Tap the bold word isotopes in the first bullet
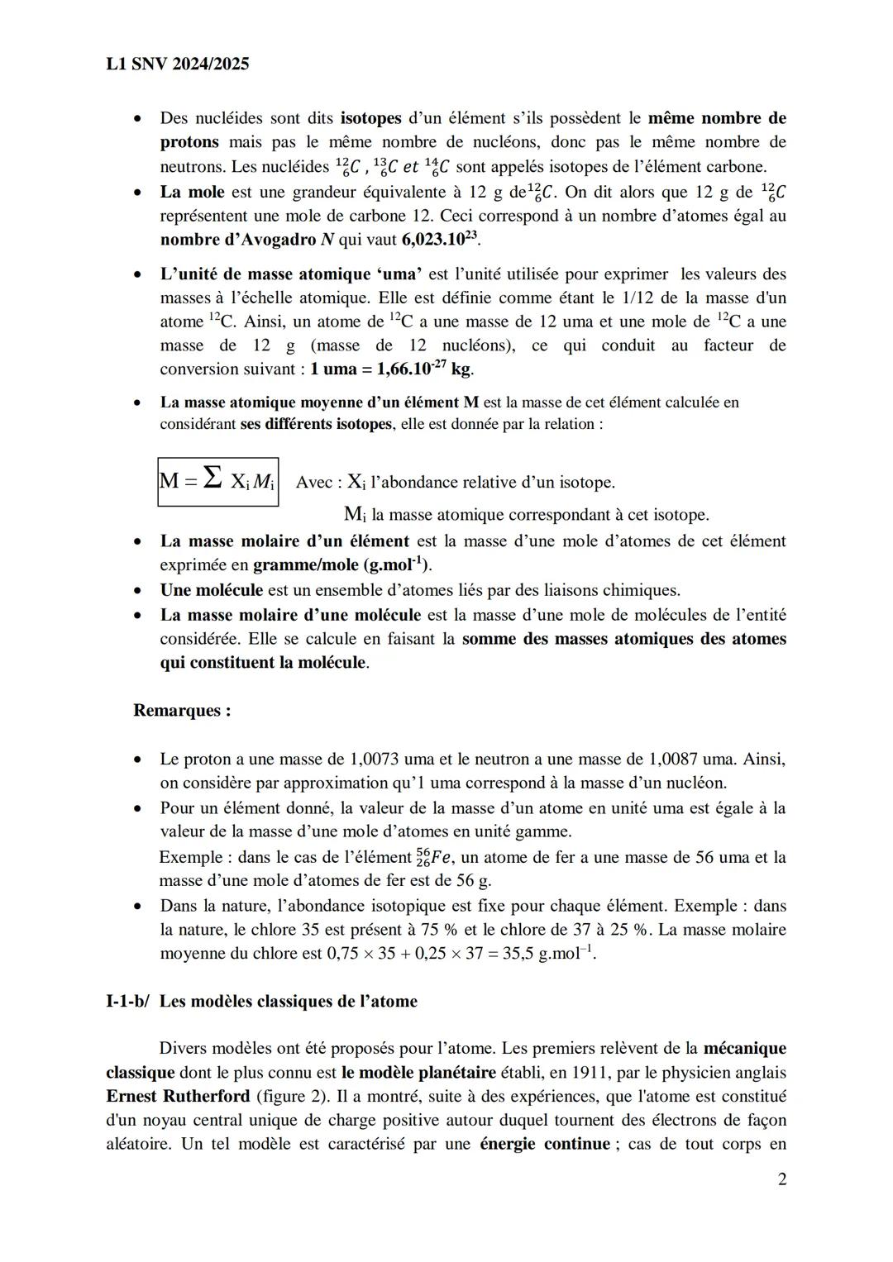tap(370, 118)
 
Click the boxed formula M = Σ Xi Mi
tap(218, 481)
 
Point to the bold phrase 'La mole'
tap(192, 193)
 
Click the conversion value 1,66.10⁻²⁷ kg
tap(391, 369)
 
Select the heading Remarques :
tap(182, 711)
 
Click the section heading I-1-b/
tap(127, 1002)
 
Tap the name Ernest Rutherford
tap(178, 1097)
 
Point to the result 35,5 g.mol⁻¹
tap(549, 954)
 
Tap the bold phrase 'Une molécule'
tap(211, 590)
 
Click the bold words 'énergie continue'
tap(544, 1145)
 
